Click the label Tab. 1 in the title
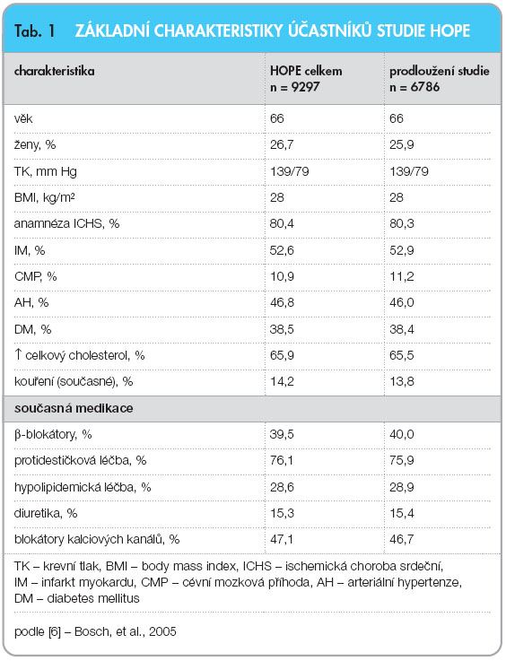[x=35, y=30]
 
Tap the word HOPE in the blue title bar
[x=449, y=30]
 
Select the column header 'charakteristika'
[x=55, y=71]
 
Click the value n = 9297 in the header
[x=295, y=87]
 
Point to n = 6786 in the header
[x=414, y=87]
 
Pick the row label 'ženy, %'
[x=35, y=145]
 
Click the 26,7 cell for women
[x=282, y=144]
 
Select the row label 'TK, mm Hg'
[x=46, y=171]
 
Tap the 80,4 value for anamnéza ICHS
[x=282, y=223]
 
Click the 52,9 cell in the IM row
[x=402, y=250]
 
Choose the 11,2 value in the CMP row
[x=402, y=276]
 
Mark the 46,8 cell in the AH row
[x=282, y=302]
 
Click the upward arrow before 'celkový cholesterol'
[x=18, y=354]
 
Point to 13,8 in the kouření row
[x=402, y=381]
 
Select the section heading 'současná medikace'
[x=74, y=408]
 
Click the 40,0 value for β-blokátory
[x=402, y=434]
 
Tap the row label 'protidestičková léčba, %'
[x=80, y=460]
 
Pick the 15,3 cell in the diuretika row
[x=282, y=513]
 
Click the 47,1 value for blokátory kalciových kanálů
[x=282, y=539]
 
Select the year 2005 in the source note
[x=162, y=631]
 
